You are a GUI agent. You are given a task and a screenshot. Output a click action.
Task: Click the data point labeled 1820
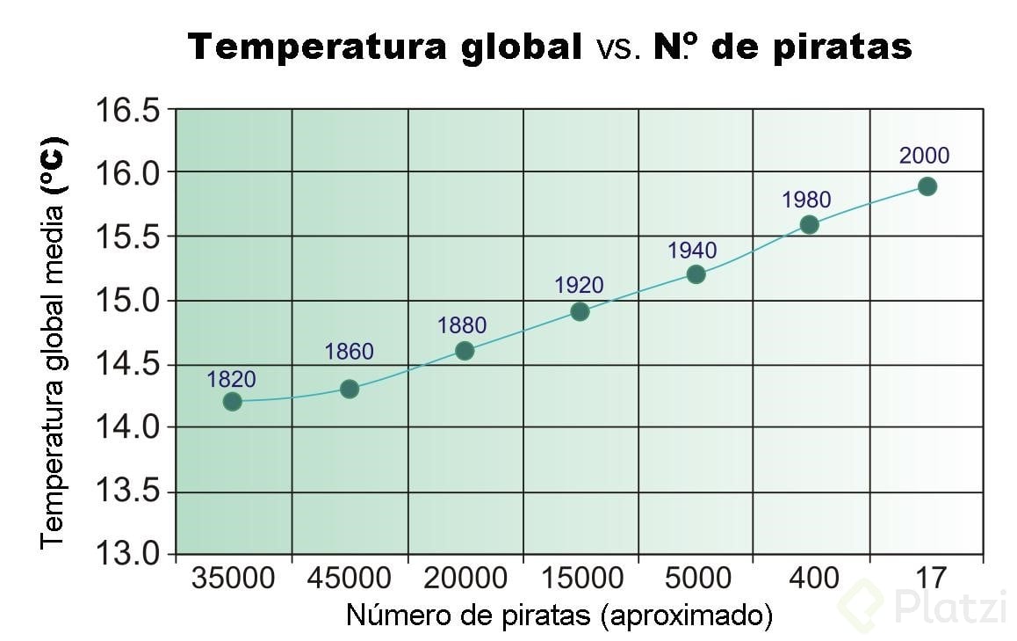[x=232, y=401]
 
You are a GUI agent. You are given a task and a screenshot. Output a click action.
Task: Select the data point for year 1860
[x=349, y=389]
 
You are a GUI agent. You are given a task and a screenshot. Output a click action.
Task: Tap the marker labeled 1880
[x=465, y=351]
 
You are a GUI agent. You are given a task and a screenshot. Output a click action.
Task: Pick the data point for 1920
[x=580, y=311]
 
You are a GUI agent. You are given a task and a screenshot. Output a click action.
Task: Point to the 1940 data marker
[x=696, y=274]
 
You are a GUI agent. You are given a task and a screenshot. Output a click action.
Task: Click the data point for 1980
[x=809, y=224]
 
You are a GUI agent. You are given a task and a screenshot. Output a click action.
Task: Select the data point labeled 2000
[x=927, y=186]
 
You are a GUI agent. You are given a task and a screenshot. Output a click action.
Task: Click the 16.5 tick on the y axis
[x=127, y=111]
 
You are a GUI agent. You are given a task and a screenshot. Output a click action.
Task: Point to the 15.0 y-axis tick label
[x=127, y=301]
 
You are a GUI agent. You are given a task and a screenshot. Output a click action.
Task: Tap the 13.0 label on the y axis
[x=127, y=554]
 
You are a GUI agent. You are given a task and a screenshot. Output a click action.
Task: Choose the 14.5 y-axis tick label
[x=127, y=364]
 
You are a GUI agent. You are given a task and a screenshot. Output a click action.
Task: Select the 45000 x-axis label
[x=350, y=579]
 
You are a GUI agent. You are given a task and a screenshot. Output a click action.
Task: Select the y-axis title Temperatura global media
[x=53, y=343]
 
